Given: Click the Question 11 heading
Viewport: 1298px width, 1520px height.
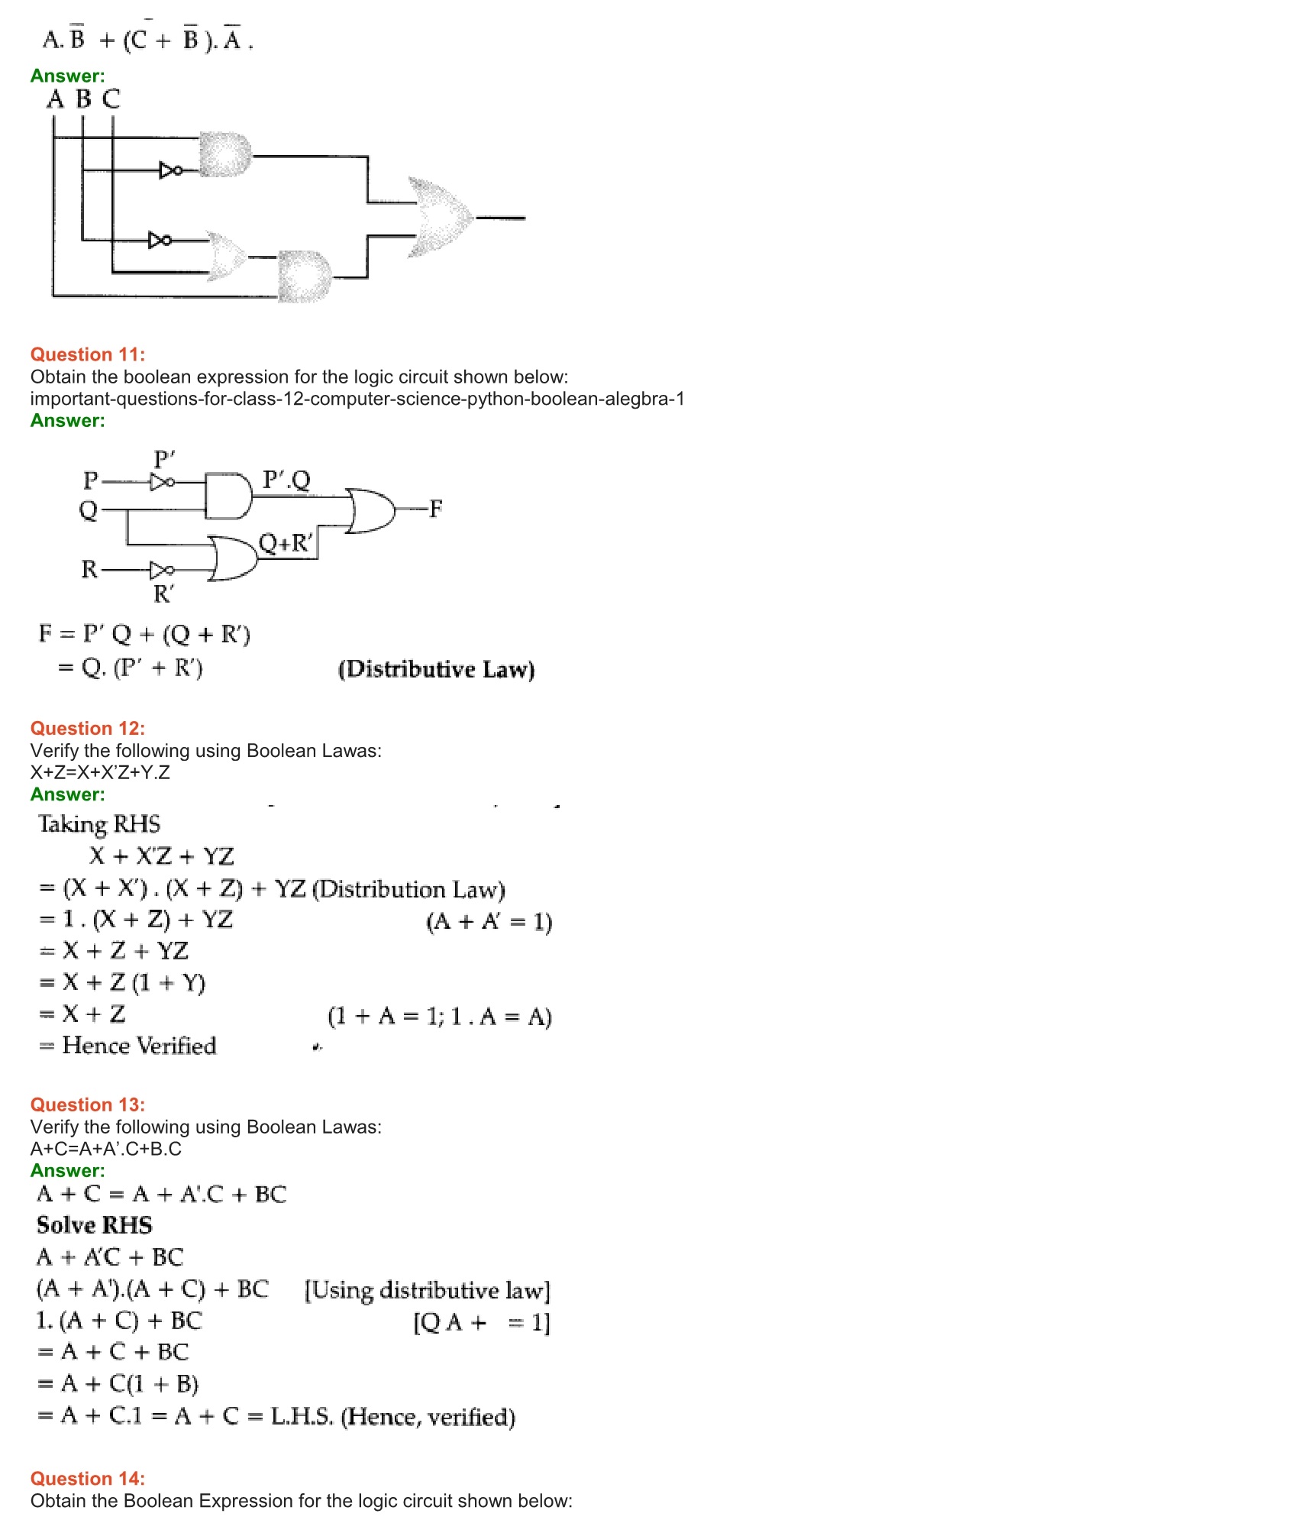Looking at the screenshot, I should click(x=87, y=354).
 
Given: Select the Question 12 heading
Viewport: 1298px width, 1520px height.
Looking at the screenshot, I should click(x=87, y=728).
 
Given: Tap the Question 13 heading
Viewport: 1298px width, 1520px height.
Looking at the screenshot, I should click(x=87, y=1104).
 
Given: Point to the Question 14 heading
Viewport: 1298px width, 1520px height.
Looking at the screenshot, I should click(x=87, y=1479).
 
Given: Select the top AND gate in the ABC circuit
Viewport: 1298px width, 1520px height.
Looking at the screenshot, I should click(x=225, y=155).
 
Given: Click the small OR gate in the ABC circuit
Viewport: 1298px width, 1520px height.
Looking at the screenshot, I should click(x=227, y=257).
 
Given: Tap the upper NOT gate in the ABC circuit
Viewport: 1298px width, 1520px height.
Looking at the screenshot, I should click(x=170, y=170).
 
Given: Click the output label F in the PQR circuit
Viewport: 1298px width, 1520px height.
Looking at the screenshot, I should click(x=435, y=508).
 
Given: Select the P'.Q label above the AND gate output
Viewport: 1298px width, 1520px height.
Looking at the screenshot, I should click(x=286, y=480).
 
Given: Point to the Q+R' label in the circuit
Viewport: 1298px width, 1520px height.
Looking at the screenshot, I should click(x=286, y=543).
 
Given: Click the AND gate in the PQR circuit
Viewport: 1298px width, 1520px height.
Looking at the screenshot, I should click(x=228, y=496).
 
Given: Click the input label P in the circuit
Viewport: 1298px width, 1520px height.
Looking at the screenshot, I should click(x=90, y=480).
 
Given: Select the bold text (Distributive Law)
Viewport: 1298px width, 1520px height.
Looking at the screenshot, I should click(x=436, y=669).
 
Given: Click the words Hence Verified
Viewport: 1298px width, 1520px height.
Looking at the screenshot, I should click(x=139, y=1045).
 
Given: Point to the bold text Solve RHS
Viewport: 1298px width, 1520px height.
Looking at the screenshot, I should click(x=94, y=1225).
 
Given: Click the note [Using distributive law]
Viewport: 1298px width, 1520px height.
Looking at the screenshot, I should click(x=427, y=1290).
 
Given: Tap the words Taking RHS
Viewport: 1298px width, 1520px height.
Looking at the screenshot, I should click(x=99, y=824).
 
